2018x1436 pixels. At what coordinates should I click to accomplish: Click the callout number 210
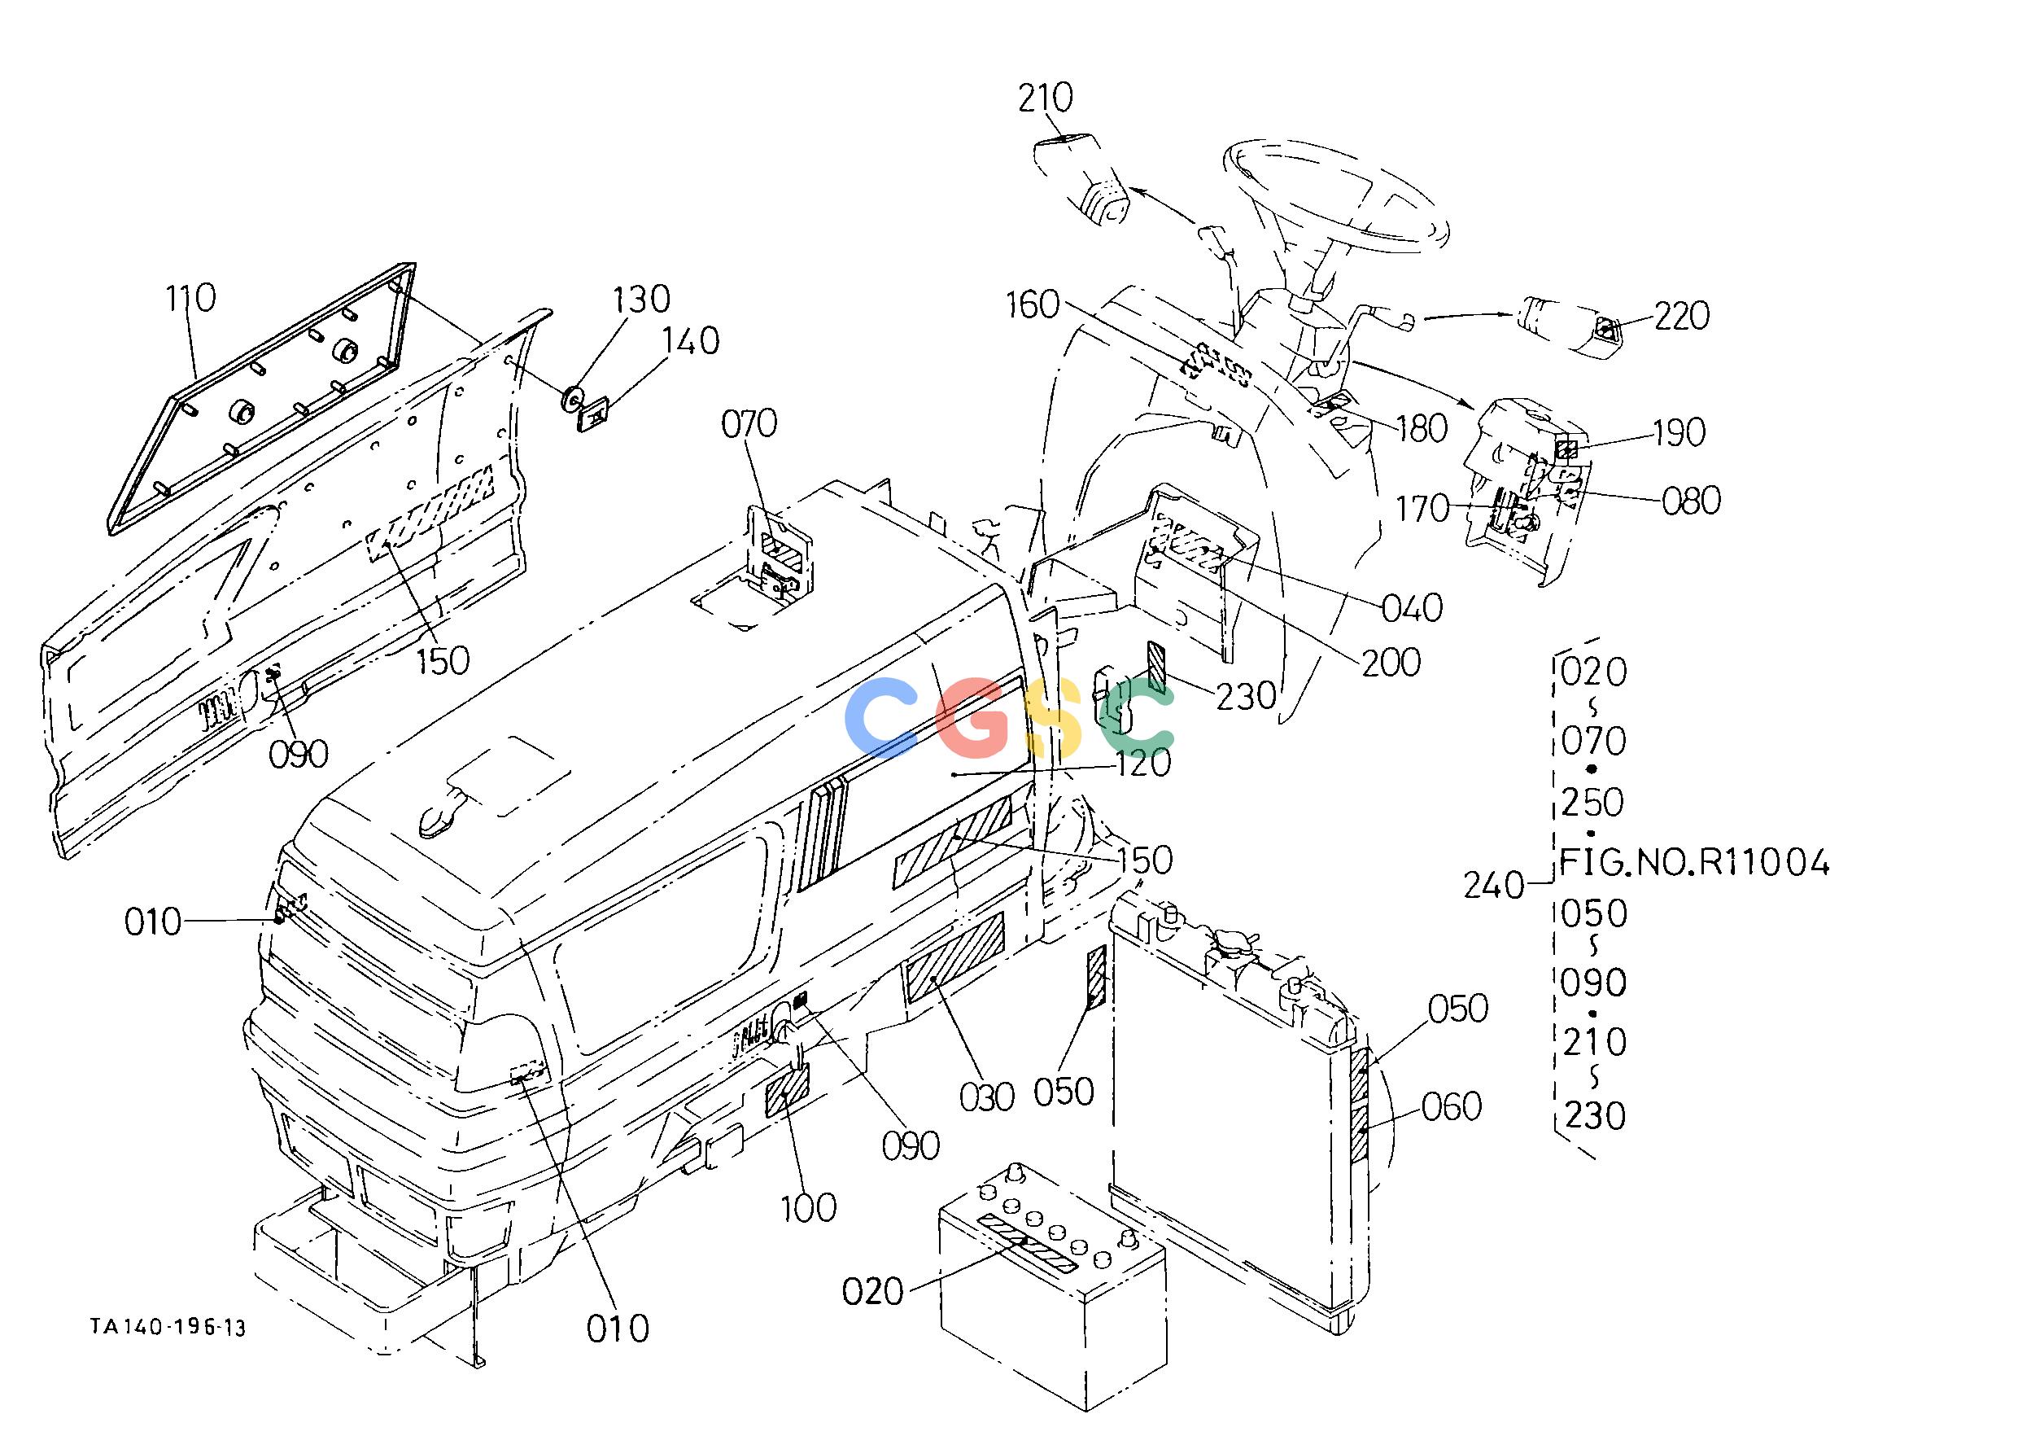tap(1045, 99)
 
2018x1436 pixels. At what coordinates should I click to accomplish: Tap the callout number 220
tap(1681, 316)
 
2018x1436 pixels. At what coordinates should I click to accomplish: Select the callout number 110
tap(190, 298)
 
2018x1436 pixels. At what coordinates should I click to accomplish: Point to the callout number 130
tap(643, 300)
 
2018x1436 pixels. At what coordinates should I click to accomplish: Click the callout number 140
tap(692, 341)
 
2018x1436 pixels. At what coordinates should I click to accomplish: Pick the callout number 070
tap(749, 424)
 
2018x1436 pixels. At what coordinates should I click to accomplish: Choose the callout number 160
tap(1033, 305)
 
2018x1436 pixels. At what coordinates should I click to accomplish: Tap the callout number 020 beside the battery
tap(873, 1292)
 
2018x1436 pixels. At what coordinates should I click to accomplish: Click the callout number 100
tap(809, 1208)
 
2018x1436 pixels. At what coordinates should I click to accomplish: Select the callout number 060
tap(1452, 1106)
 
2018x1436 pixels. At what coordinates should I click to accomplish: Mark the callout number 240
tap(1494, 885)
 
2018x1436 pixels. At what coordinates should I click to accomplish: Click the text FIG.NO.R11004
tap(1693, 862)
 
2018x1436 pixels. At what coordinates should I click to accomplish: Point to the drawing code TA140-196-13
tap(168, 1327)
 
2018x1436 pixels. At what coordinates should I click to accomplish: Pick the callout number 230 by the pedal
tap(1247, 696)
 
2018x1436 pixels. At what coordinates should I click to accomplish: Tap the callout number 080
tap(1691, 501)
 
